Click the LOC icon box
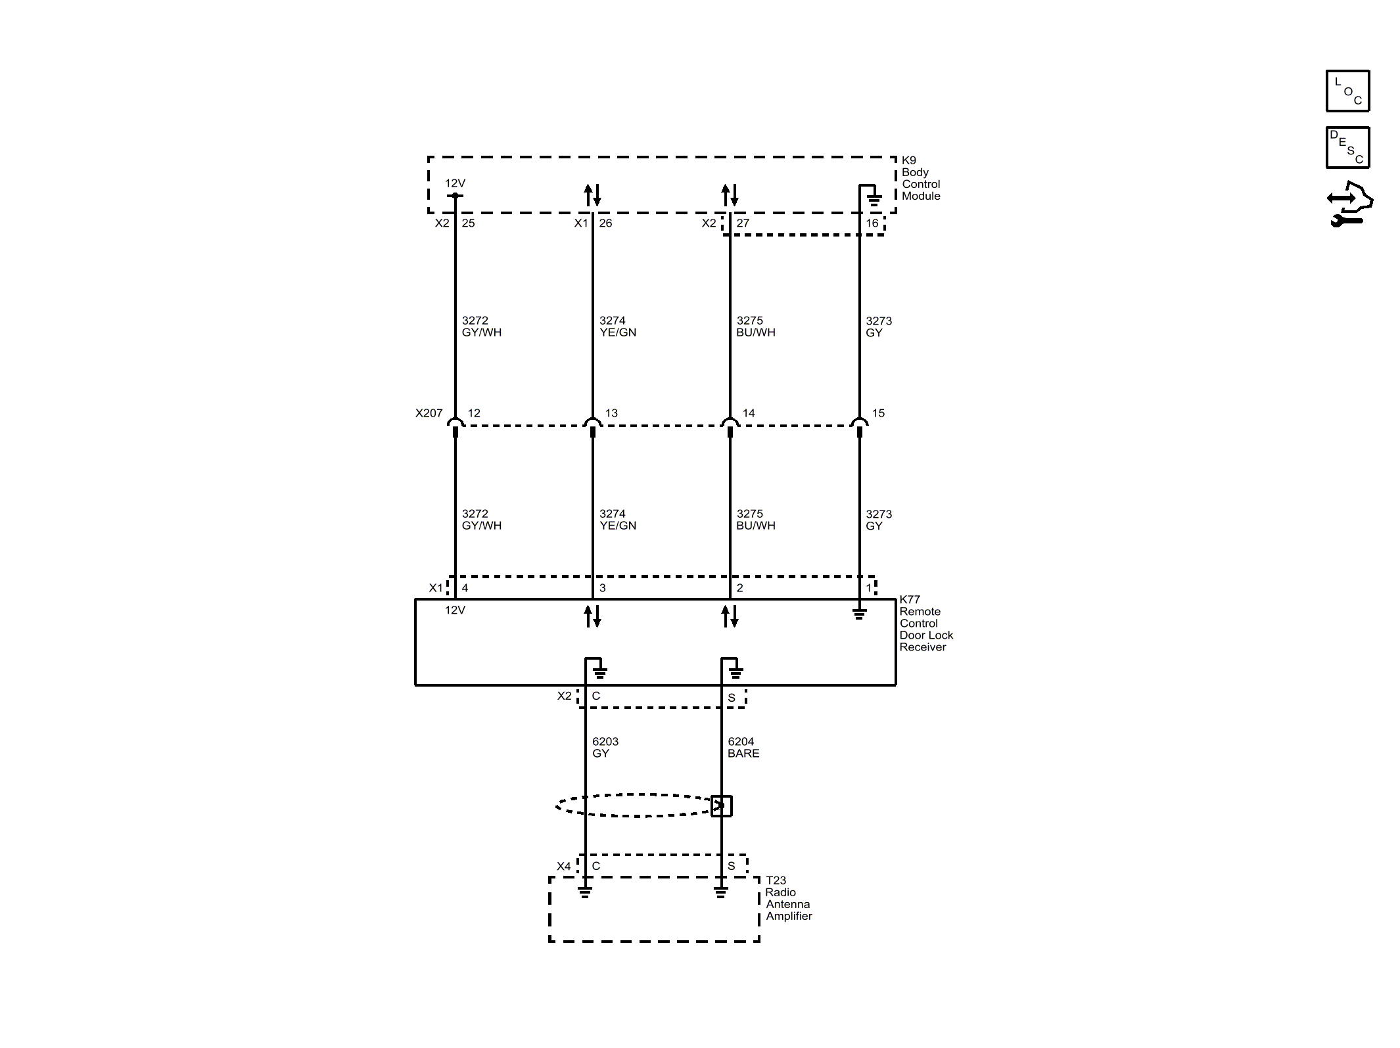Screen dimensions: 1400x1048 click(1347, 91)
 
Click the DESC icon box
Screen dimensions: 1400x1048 click(1347, 147)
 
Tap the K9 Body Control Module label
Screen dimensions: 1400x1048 click(920, 178)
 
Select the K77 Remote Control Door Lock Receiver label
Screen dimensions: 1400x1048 click(925, 623)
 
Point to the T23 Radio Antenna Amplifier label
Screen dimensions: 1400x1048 click(788, 898)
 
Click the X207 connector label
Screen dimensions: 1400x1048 click(429, 413)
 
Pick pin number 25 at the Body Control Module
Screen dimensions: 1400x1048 click(468, 223)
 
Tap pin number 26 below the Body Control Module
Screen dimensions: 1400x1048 click(605, 223)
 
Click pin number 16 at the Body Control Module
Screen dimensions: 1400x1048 click(872, 223)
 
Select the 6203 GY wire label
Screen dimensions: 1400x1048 click(605, 747)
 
